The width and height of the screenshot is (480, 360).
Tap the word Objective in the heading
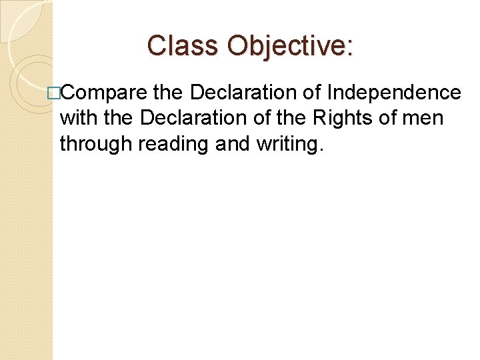coord(286,45)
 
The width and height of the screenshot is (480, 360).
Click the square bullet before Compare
coord(52,93)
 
